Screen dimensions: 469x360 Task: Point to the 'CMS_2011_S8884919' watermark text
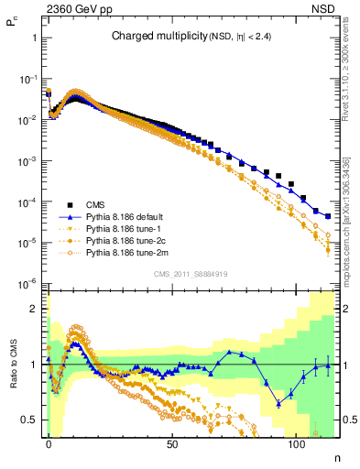(x=190, y=273)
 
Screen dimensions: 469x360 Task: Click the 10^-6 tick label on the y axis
(x=27, y=283)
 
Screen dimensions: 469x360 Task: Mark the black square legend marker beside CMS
(x=70, y=204)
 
